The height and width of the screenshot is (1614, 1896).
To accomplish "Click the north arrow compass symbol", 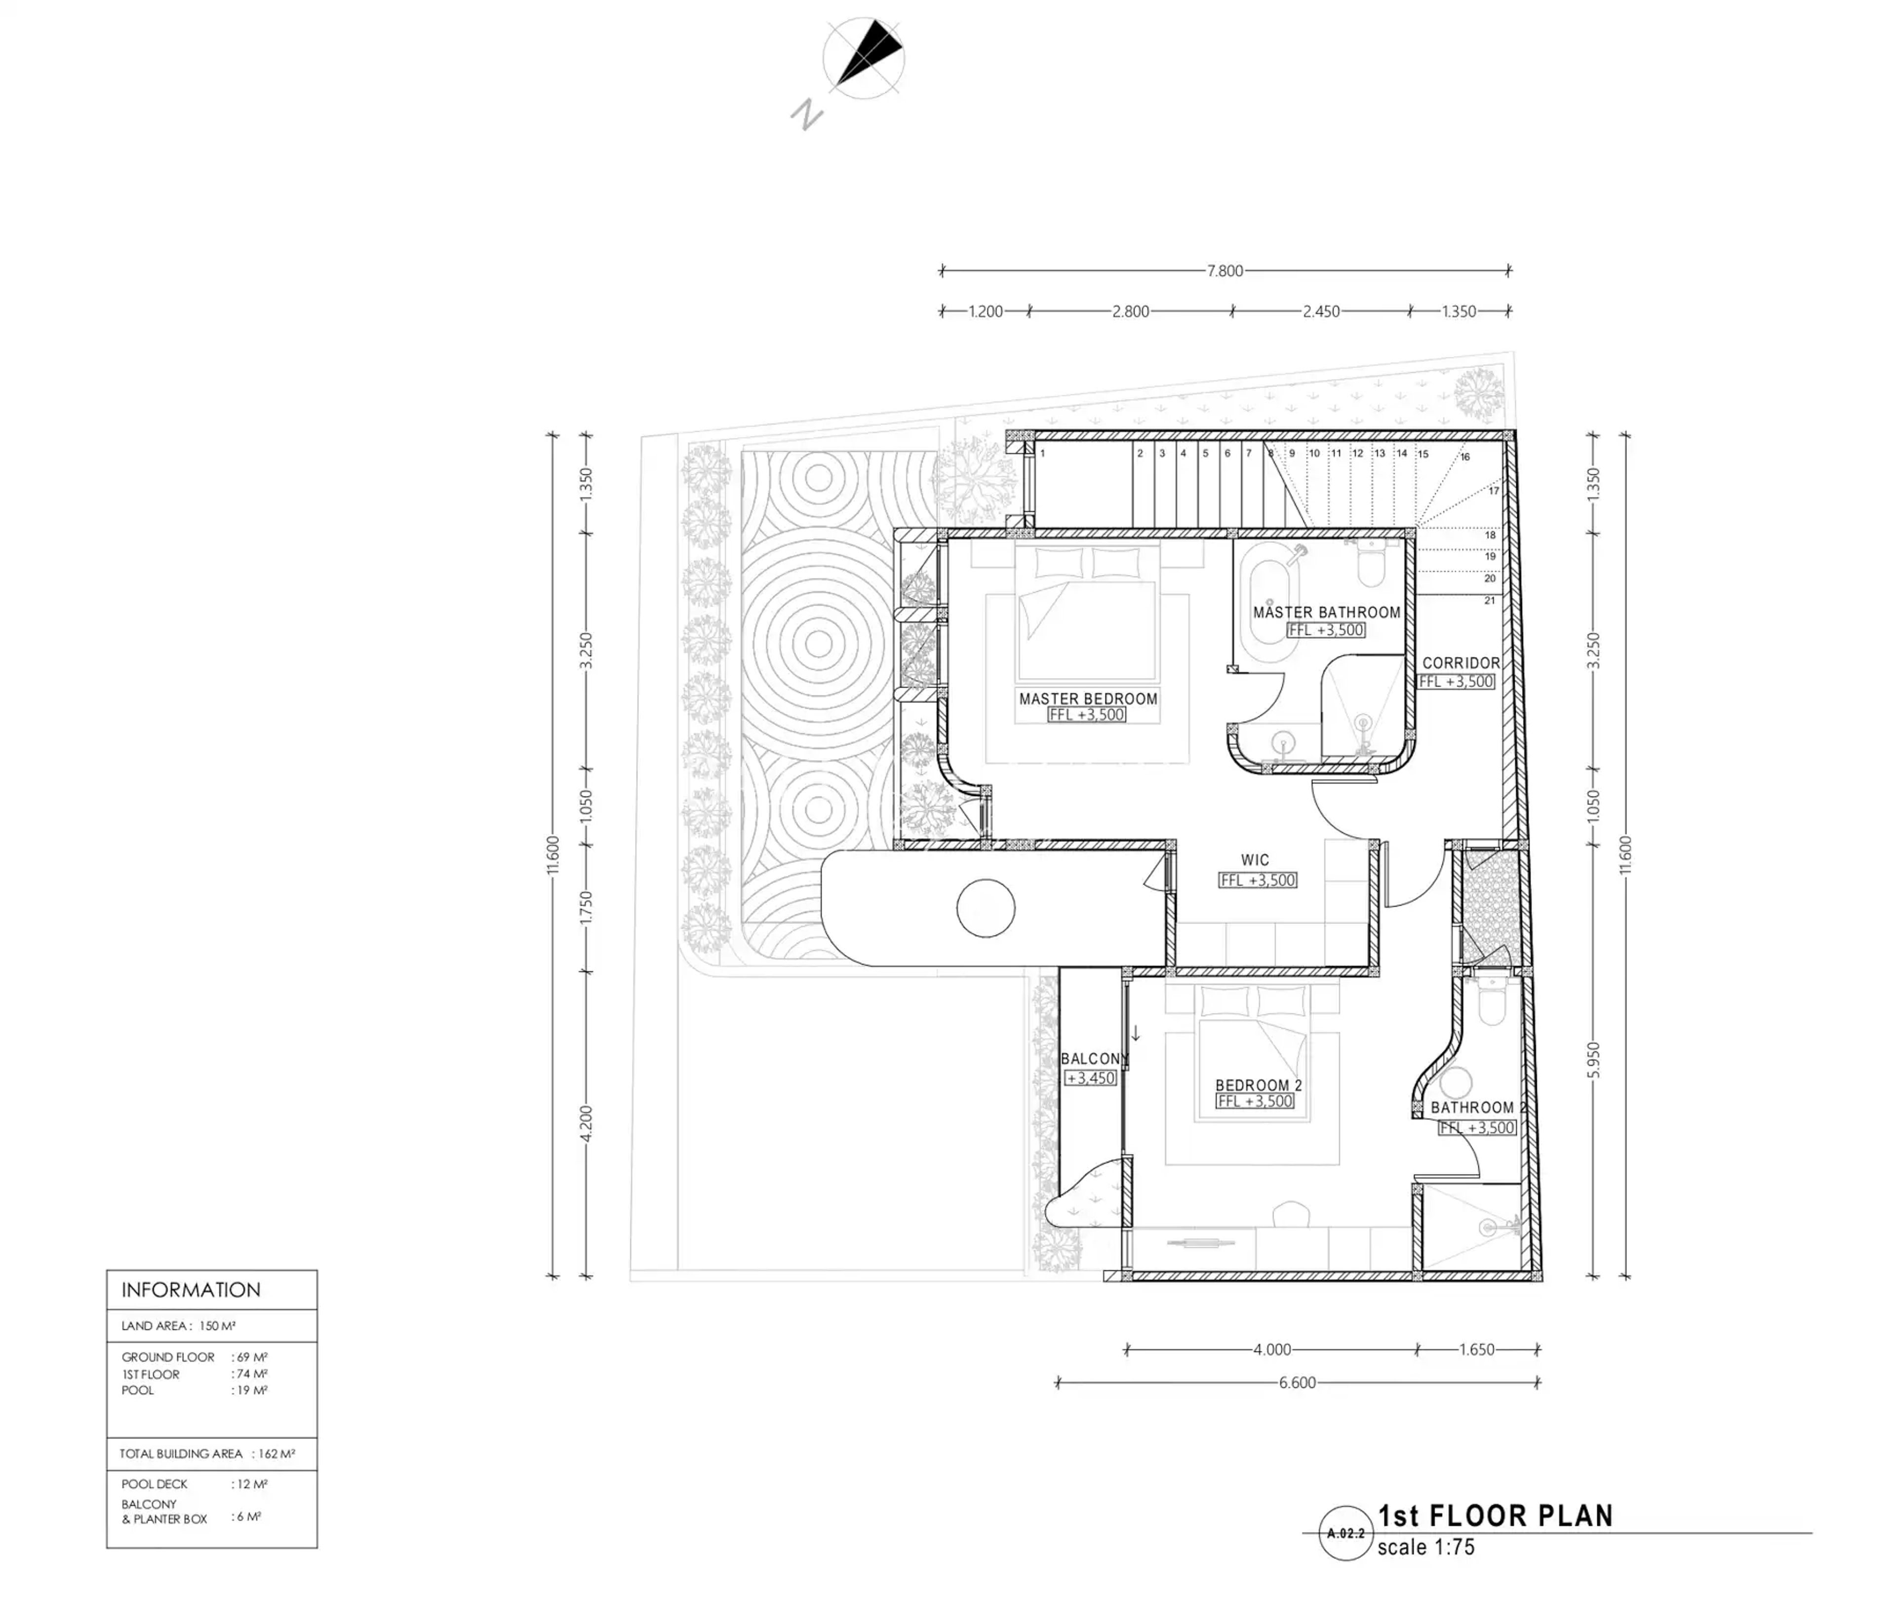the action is (x=863, y=59).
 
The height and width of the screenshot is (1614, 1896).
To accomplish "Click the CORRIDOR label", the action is (x=1461, y=662).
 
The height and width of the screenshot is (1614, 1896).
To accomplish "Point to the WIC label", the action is (x=1256, y=860).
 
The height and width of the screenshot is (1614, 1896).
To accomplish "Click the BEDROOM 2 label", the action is (x=1258, y=1085).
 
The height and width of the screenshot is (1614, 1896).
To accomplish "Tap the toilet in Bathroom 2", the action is (x=1492, y=1002).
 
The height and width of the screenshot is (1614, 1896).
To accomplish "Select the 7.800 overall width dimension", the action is (x=1225, y=271).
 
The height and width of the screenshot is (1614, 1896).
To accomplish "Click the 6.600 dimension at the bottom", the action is (x=1298, y=1383).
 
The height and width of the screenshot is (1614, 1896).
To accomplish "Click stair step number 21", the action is (x=1490, y=600).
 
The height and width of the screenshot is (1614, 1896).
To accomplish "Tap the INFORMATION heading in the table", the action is (x=191, y=1290).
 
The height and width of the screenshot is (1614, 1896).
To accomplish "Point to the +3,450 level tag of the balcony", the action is (x=1091, y=1078).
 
